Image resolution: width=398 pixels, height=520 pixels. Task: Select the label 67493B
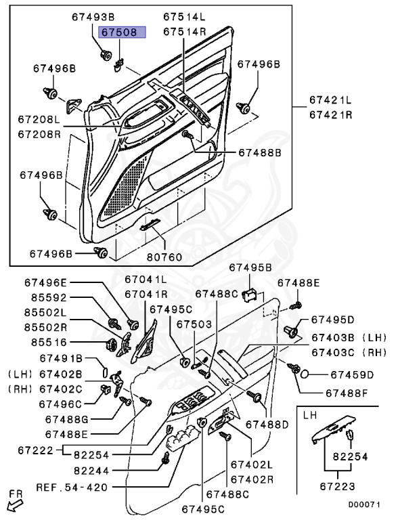(x=93, y=17)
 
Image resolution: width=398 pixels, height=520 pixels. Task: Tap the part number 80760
(x=165, y=257)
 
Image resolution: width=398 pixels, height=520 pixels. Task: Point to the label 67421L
(x=331, y=100)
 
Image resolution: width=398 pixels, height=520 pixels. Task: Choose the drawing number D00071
(x=364, y=504)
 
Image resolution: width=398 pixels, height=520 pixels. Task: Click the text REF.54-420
(x=72, y=487)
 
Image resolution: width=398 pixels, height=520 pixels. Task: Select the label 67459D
(x=352, y=374)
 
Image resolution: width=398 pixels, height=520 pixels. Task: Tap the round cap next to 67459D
(x=305, y=374)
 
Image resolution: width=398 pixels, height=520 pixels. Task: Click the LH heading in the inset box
(x=310, y=415)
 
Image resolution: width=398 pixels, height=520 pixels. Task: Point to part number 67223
(x=337, y=487)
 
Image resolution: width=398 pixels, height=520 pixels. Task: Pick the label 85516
(x=49, y=342)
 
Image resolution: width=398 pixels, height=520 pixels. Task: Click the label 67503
(x=194, y=324)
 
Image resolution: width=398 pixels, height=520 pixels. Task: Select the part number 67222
(x=35, y=450)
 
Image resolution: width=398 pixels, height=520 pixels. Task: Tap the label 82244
(x=91, y=471)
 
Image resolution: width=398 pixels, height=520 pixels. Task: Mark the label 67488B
(x=260, y=152)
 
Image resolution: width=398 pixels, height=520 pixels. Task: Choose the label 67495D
(x=332, y=320)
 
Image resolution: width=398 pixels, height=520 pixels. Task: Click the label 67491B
(x=61, y=358)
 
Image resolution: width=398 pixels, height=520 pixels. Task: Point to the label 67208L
(x=39, y=118)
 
